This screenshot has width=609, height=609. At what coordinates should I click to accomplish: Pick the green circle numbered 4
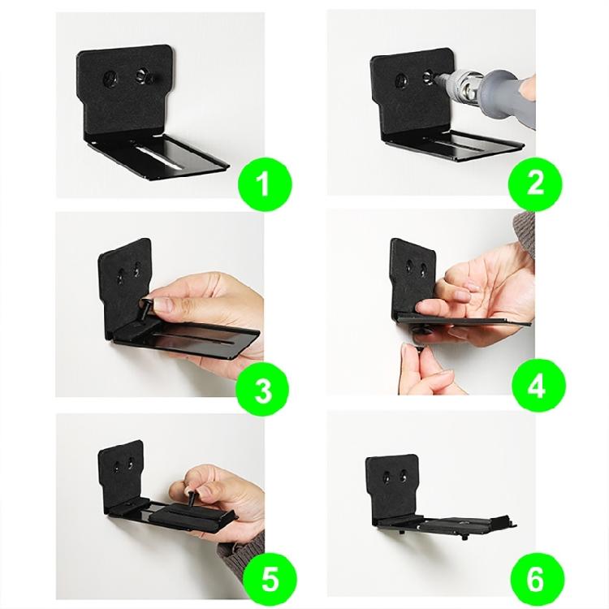[535, 387]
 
